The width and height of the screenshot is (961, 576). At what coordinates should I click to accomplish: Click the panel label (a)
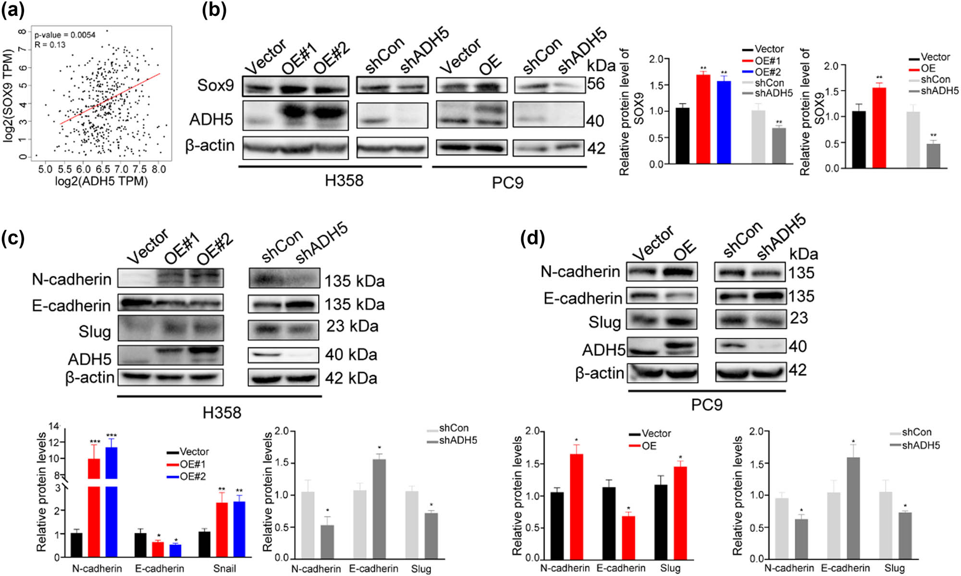13,10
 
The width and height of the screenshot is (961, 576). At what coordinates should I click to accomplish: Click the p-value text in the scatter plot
65,35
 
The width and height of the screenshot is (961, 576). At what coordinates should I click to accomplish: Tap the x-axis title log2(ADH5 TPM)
101,182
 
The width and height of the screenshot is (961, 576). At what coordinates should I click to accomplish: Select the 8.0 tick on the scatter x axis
159,169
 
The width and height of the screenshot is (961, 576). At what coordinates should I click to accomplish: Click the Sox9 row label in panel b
215,85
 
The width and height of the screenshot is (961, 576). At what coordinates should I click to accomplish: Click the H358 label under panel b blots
344,181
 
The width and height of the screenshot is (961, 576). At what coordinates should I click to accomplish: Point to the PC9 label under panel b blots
507,183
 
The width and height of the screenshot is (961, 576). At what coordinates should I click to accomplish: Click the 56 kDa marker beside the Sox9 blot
596,84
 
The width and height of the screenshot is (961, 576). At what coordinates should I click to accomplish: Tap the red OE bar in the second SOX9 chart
879,128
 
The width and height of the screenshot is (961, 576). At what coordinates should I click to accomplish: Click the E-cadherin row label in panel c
71,306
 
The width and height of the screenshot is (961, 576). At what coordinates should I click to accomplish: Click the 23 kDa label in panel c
352,326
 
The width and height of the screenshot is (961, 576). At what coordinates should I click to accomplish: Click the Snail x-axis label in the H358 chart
224,568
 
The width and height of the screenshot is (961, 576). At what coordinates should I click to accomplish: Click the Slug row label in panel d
604,322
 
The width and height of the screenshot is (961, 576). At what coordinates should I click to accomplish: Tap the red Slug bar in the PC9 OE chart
680,512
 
